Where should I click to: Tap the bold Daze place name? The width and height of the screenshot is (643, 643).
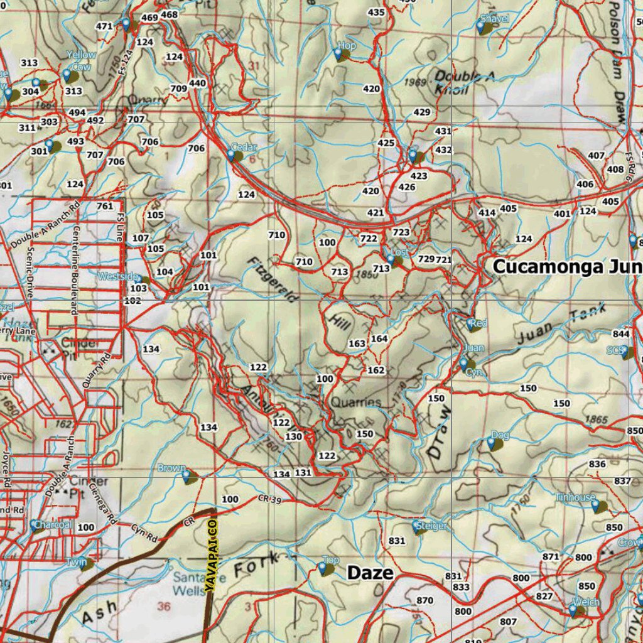pos(370,572)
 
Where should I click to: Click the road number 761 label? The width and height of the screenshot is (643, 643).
pos(105,206)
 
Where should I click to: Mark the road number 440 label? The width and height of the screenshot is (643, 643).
pos(197,83)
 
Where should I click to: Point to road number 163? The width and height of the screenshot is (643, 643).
pos(357,343)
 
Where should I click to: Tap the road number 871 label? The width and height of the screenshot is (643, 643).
pos(551,556)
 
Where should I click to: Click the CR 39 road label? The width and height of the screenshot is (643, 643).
pos(269,499)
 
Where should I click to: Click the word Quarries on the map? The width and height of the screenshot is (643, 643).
pos(356,402)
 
